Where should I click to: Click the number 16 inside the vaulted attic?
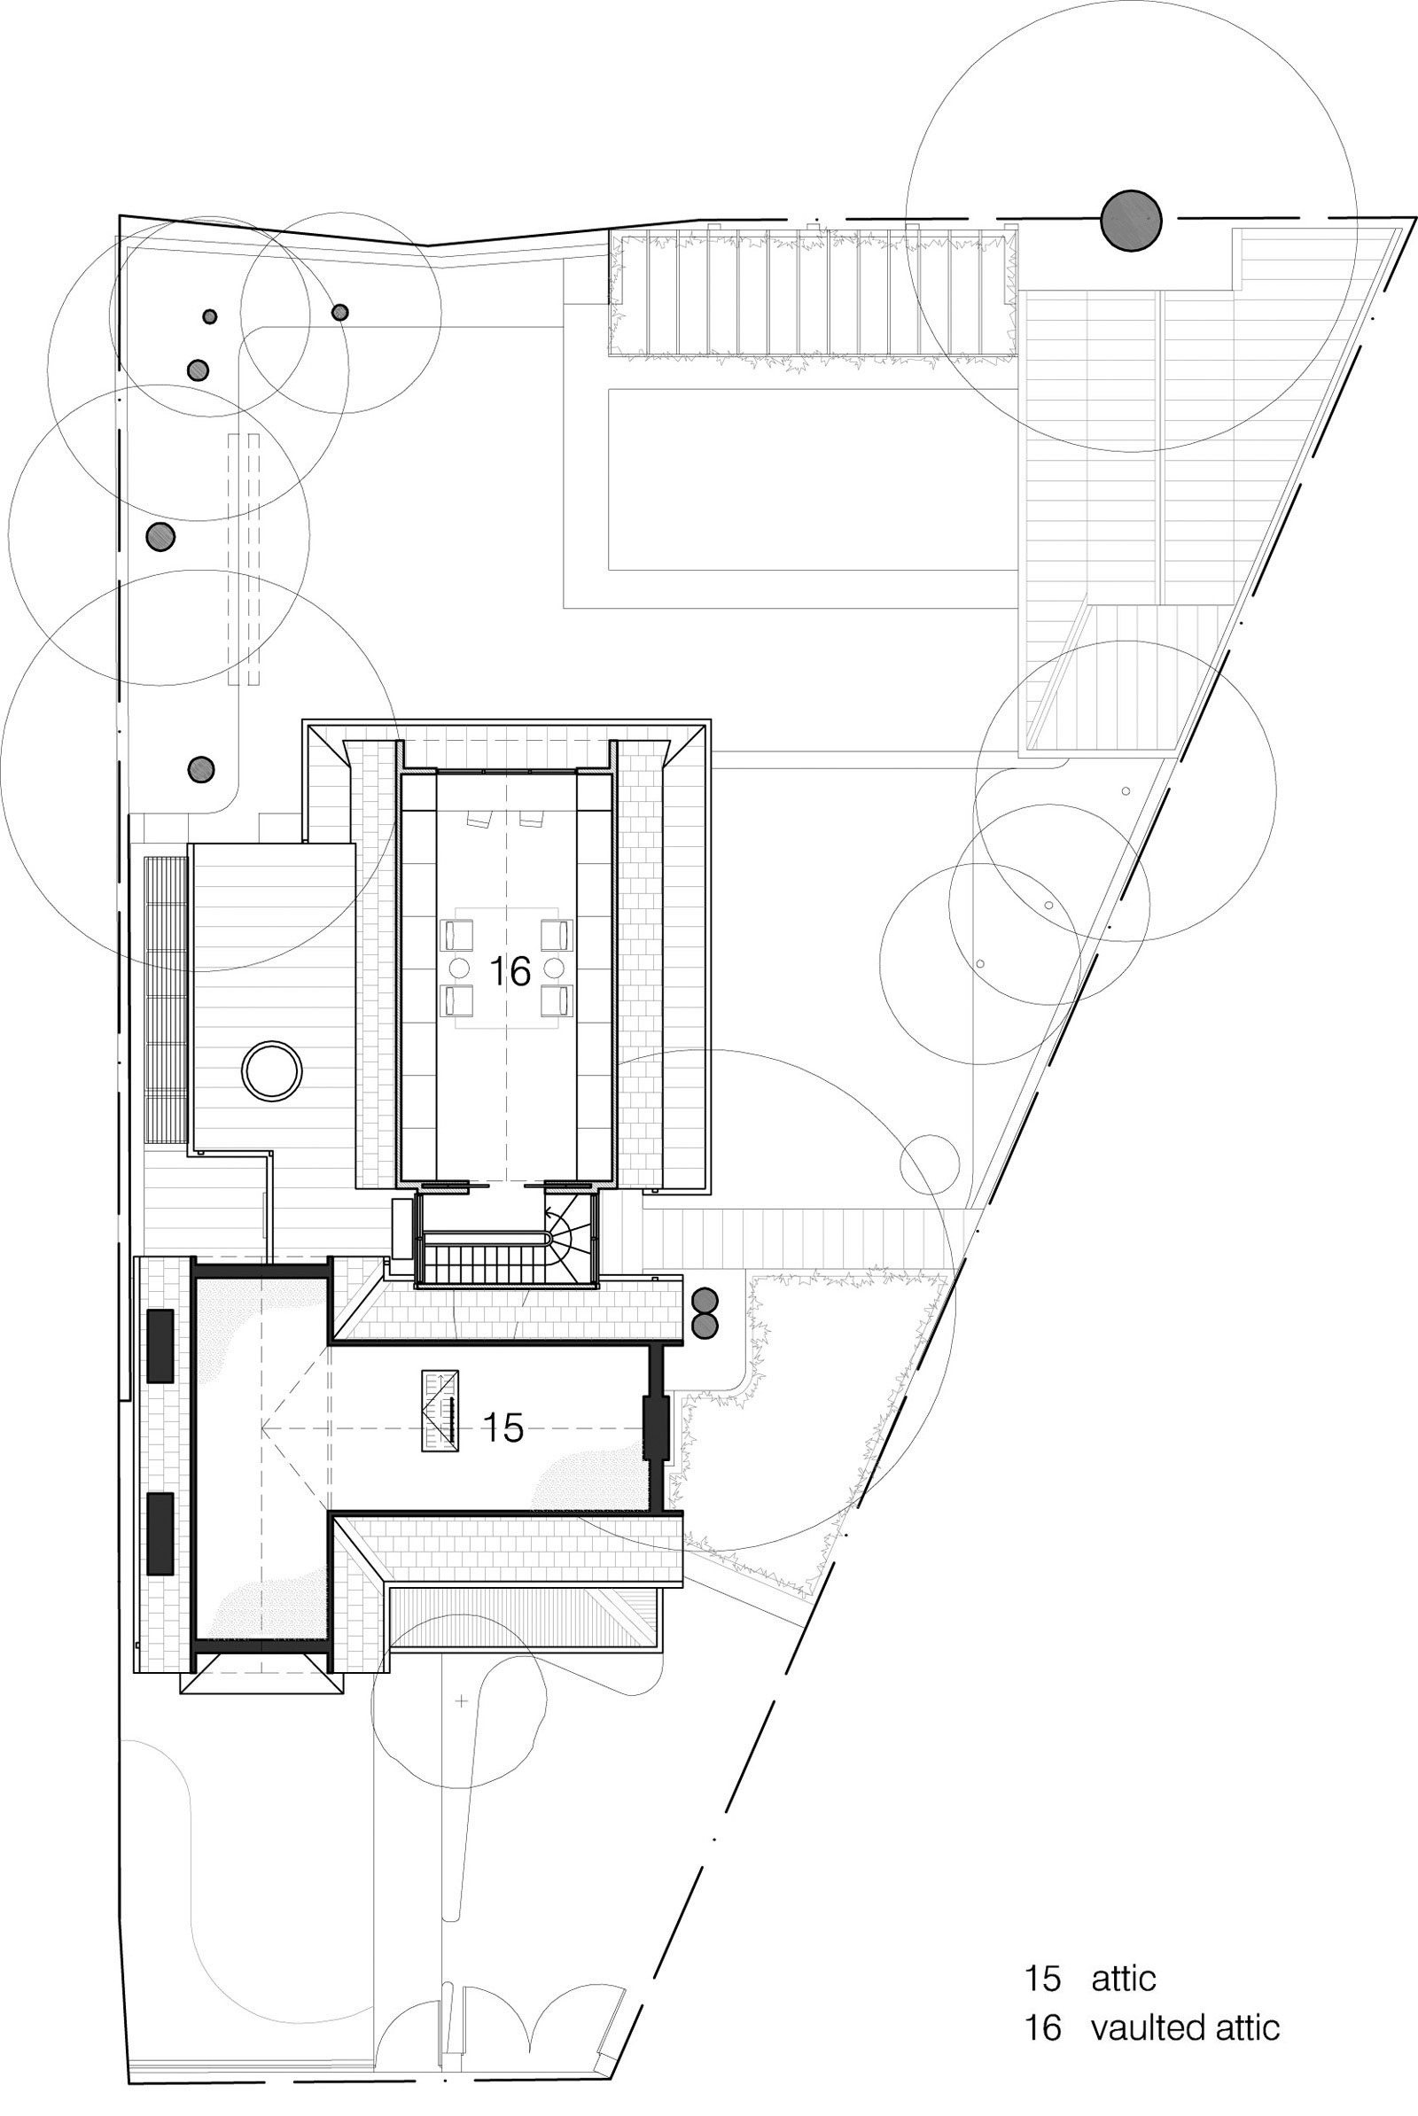(x=509, y=972)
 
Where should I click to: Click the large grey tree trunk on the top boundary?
(x=1131, y=219)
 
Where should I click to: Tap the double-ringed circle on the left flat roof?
(x=271, y=1070)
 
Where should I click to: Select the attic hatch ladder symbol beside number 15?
(x=441, y=1412)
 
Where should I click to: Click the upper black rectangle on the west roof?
(x=160, y=1345)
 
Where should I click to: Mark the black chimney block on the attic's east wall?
(x=655, y=1428)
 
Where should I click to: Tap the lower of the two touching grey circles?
(x=704, y=1325)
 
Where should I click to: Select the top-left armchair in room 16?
(x=456, y=934)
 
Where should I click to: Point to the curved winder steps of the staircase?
(x=569, y=1233)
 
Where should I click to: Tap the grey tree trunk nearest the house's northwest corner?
(x=201, y=769)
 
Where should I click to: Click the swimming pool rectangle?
(x=812, y=479)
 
